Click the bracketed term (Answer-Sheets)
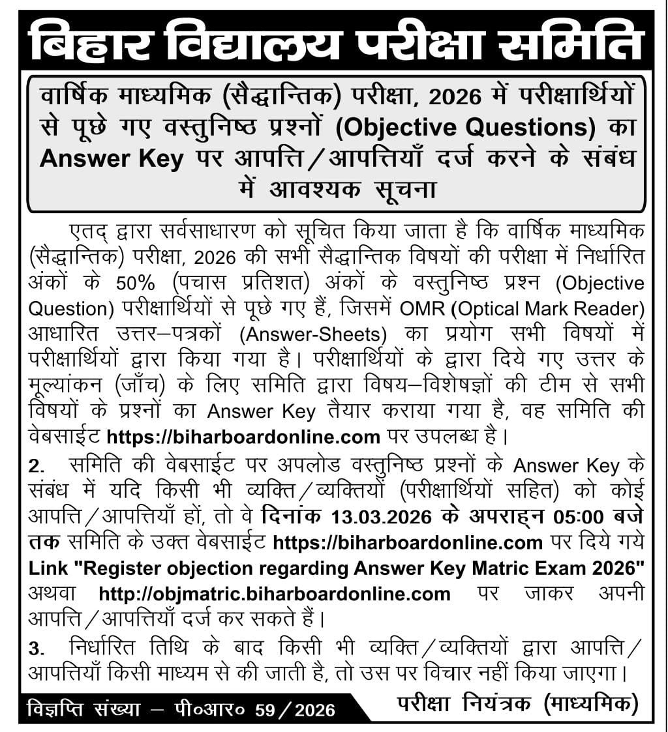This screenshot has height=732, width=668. coord(312,334)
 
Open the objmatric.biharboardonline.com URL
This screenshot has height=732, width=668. coord(275,594)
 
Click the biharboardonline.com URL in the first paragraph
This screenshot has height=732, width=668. coord(243,436)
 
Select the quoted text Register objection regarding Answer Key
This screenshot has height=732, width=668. coord(262,568)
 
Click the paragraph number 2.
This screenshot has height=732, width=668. coord(37,467)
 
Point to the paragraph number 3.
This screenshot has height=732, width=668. coord(37,649)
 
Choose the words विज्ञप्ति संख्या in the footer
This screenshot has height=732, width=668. coord(83,709)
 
